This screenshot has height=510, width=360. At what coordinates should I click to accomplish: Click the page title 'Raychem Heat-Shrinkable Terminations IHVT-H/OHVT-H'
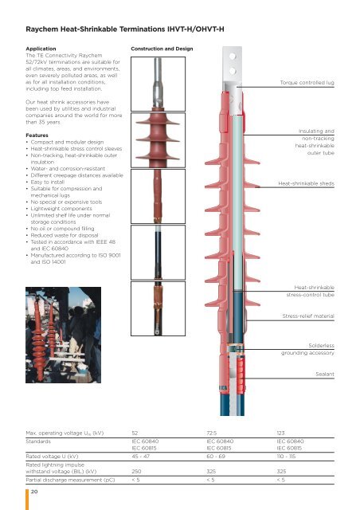(125, 29)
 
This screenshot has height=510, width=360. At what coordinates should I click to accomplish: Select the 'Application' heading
(41, 49)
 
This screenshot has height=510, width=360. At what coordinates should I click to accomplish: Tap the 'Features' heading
(37, 135)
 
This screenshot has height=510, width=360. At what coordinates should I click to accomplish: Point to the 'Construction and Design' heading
(162, 49)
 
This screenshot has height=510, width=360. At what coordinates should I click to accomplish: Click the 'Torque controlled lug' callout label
(307, 83)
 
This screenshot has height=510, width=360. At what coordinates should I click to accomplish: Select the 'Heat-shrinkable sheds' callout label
(306, 183)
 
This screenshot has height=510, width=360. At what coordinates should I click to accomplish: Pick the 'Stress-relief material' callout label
(308, 316)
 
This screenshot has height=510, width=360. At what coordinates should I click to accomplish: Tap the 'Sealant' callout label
(324, 374)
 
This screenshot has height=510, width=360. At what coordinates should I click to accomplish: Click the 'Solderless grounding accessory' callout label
(307, 349)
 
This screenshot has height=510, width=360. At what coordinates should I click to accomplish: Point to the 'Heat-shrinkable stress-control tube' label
(311, 291)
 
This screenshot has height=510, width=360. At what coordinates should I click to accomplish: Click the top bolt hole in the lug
(233, 57)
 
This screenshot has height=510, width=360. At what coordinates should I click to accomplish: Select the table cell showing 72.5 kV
(212, 433)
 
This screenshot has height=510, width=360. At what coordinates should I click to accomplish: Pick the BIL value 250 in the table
(136, 471)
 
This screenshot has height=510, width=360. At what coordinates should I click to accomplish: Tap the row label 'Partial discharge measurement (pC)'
(70, 480)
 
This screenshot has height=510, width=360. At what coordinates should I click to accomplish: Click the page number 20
(34, 492)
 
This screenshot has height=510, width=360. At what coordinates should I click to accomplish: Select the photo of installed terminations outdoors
(64, 335)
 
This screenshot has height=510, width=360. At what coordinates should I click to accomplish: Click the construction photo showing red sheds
(158, 140)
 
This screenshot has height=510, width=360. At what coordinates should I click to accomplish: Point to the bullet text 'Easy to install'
(48, 182)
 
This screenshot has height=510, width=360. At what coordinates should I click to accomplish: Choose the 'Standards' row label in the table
(38, 441)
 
